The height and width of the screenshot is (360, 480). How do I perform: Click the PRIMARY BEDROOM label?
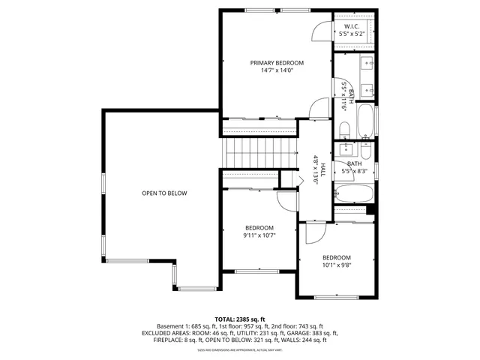pos(277,63)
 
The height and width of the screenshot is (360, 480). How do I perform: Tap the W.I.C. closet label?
pos(351,25)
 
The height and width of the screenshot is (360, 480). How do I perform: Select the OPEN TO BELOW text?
pos(164,193)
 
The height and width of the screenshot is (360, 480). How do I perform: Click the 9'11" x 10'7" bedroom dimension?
pos(259,235)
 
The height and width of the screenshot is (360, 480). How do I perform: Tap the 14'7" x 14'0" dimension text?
pos(277,71)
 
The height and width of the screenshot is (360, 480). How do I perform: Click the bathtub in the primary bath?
pos(365,120)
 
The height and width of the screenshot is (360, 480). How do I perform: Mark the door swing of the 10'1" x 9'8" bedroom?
pos(313,232)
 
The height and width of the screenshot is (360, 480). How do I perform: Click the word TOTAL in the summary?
pos(226,319)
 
